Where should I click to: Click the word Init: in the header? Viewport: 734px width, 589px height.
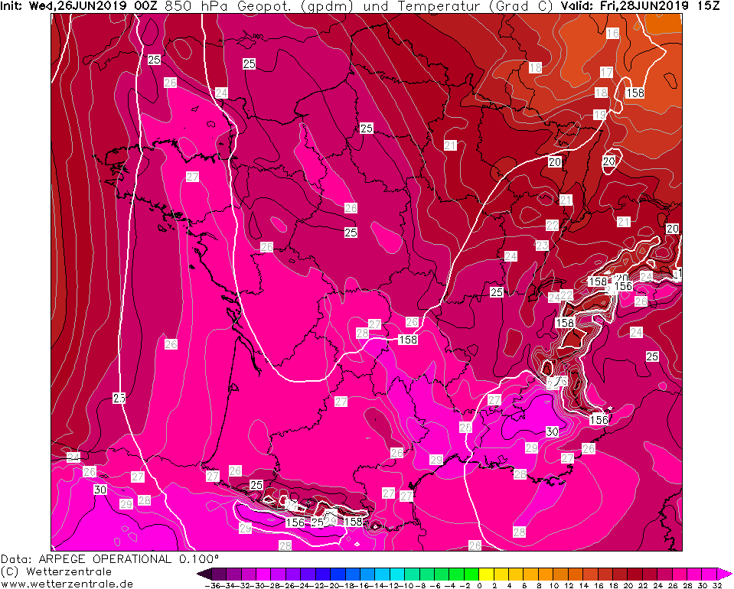(13, 6)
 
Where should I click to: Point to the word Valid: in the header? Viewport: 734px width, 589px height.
(577, 6)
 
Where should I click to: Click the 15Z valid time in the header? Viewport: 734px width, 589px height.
(710, 6)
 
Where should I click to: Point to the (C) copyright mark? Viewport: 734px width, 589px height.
(10, 571)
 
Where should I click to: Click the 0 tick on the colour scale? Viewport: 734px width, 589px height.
(479, 585)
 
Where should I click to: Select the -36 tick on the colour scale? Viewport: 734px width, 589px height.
(214, 585)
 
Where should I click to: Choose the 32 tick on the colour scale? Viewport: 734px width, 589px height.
(716, 585)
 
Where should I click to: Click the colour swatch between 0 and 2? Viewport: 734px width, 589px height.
(487, 574)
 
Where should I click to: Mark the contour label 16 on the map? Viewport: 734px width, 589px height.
(612, 34)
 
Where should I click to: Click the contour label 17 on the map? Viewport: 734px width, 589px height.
(606, 73)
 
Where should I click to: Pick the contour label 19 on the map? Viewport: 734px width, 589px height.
(599, 115)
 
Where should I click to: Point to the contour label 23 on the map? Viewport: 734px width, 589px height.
(542, 246)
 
